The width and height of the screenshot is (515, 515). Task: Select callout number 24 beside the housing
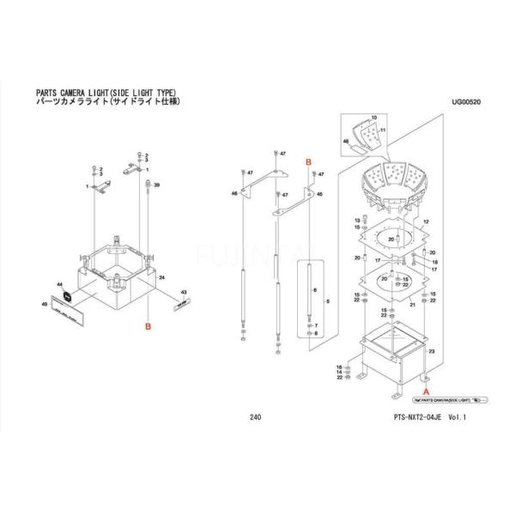tap(161, 278)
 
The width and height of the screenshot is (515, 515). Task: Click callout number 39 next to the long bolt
tap(157, 185)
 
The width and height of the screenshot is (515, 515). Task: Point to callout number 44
tap(58, 284)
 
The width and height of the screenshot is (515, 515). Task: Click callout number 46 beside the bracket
tap(233, 195)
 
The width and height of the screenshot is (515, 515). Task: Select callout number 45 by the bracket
tap(319, 195)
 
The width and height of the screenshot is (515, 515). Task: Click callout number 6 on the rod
tap(316, 292)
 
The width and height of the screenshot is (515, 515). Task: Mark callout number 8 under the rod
tap(316, 335)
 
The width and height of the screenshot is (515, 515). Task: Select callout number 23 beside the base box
tap(432, 352)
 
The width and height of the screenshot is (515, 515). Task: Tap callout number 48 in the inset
tap(346, 141)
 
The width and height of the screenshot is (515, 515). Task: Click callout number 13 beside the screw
tap(355, 221)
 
